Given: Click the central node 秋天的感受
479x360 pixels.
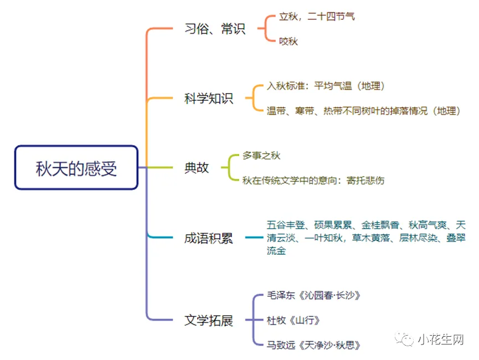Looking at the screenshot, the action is (76, 168).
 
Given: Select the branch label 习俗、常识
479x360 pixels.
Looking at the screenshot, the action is (215, 29).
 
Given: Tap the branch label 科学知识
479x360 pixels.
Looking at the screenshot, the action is (209, 99).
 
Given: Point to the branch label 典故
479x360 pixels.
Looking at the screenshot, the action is (197, 168).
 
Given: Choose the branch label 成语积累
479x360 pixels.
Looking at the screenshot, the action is (209, 238).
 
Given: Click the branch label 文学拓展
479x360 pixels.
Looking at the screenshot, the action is (209, 320).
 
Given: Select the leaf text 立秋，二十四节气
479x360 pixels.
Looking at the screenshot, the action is (317, 16).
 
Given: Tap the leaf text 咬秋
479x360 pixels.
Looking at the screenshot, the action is (289, 41).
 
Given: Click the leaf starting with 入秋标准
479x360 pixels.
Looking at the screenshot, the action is (326, 86).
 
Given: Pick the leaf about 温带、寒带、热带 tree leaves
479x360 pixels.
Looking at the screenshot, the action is (363, 111).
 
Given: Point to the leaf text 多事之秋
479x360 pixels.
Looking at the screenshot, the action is (261, 156).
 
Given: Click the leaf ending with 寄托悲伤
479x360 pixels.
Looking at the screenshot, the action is (313, 181).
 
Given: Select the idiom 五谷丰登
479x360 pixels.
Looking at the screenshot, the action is (286, 225).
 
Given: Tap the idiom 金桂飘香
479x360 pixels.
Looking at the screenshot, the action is (380, 225).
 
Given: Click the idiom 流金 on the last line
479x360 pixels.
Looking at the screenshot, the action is (276, 250).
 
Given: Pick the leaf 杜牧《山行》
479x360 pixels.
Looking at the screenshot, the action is (293, 320).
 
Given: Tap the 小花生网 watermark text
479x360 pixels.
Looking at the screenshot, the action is (441, 339).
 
